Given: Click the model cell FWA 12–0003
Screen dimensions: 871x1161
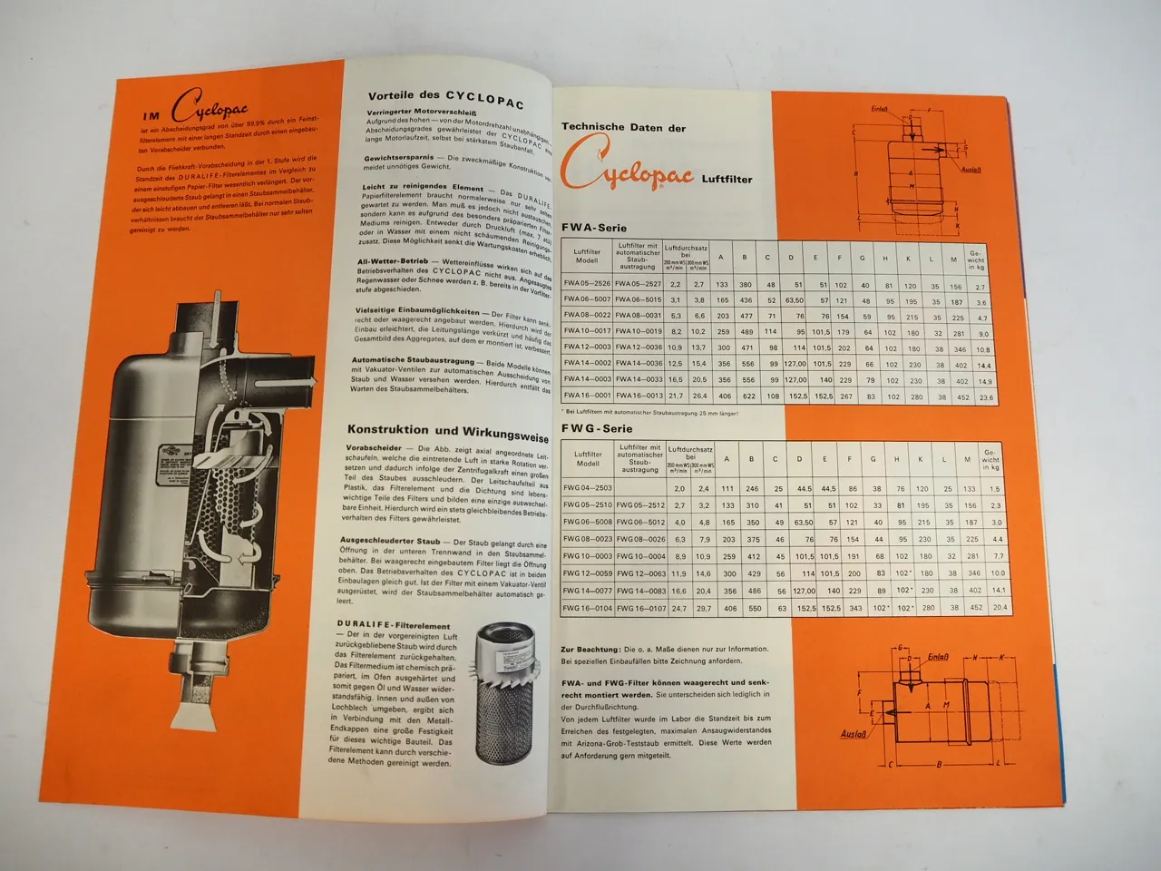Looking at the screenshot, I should coord(588,347).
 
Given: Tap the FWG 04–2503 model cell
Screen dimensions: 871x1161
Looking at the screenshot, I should coord(587,489).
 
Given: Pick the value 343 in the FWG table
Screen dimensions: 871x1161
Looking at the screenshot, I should coord(850,607).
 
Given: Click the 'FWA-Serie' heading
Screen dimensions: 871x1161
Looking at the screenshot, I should coord(594,228).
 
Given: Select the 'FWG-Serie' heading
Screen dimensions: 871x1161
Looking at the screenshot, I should coord(595,428).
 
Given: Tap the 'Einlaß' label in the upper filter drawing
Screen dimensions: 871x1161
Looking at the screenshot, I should coord(880,110).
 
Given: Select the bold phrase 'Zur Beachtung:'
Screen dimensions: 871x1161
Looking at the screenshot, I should coord(590,650).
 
